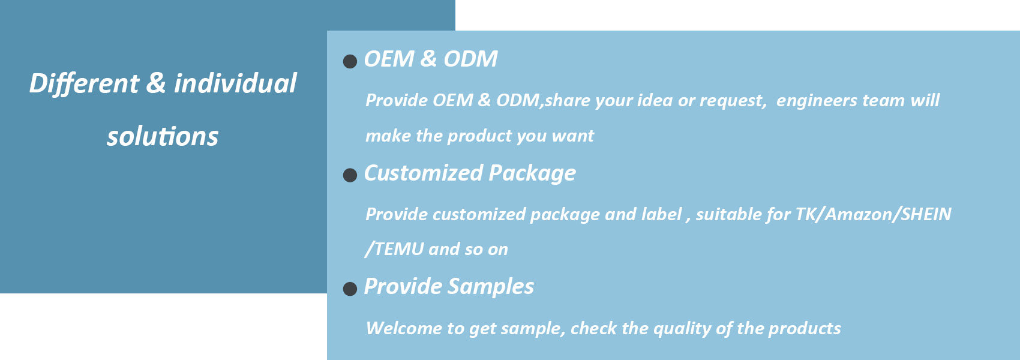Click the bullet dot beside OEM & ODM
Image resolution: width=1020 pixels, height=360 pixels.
[350, 61]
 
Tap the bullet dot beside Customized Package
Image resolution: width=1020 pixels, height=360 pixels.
[350, 175]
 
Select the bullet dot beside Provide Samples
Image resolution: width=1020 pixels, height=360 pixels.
[350, 289]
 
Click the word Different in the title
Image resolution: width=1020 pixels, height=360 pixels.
[84, 84]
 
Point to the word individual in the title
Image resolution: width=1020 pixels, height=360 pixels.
[235, 83]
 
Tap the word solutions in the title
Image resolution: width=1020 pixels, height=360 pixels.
[163, 136]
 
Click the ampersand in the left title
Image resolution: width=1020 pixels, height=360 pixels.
[156, 83]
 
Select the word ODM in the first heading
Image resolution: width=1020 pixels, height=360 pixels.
[470, 59]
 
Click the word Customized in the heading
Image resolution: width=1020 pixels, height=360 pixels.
[424, 173]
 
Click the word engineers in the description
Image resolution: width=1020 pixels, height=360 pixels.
[817, 101]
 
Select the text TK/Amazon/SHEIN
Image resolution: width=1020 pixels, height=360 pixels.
[874, 214]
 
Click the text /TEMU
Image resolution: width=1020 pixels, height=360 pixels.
[394, 250]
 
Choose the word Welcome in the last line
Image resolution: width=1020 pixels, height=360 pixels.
[404, 328]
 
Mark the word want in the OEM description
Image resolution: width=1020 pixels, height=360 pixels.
[573, 136]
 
